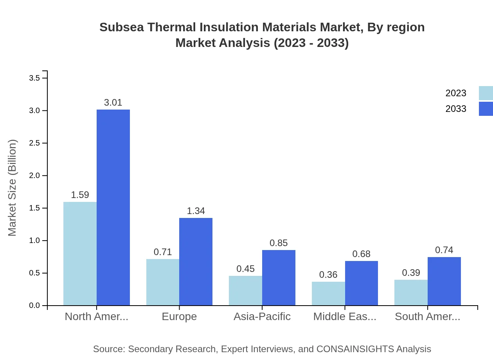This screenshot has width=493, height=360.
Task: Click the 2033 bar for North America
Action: coord(113,207)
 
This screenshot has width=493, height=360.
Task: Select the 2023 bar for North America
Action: coord(80,254)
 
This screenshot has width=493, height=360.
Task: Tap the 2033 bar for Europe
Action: coord(196,261)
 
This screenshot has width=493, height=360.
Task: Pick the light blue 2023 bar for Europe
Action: coord(163,282)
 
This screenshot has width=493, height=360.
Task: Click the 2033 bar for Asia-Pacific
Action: coord(279,277)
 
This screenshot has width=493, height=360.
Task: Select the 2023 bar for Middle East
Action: coord(328,293)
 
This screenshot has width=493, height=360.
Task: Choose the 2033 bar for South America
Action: coord(444,281)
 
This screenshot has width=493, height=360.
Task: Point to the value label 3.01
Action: coord(113,103)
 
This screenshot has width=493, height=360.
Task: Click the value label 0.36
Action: coord(328,275)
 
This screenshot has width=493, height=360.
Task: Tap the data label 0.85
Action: coord(279,243)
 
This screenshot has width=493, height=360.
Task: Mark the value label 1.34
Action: coord(196,211)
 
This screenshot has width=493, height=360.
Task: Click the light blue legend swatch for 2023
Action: coord(486,93)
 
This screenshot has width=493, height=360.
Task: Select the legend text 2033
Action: coord(456,109)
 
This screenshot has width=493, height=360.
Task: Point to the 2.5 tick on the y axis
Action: coord(35,143)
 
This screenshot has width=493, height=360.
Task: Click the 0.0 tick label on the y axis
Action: coord(35,306)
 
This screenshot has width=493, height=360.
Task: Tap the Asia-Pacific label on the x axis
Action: coord(262,317)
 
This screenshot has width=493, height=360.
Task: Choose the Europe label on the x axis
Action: coord(179,317)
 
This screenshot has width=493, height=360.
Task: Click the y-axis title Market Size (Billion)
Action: coord(13,188)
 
